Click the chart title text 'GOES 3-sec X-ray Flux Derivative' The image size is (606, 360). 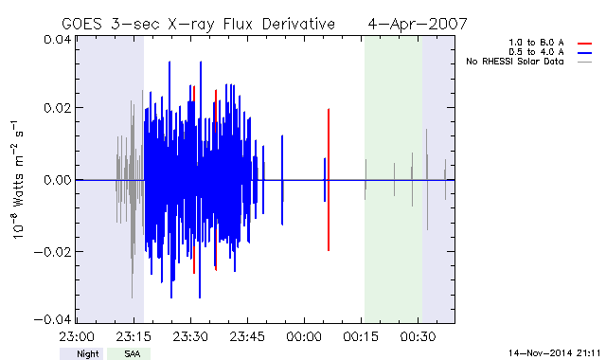click(x=198, y=25)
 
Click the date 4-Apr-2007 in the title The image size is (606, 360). click(x=418, y=24)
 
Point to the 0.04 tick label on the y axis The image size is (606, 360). click(x=57, y=40)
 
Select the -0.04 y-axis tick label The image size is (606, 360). click(x=53, y=319)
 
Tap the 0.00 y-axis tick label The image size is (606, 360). click(x=57, y=180)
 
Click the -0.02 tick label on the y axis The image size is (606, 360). click(x=53, y=252)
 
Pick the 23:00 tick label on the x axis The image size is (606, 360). click(x=77, y=337)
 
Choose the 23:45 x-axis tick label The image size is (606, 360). click(x=247, y=337)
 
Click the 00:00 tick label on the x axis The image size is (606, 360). click(x=304, y=337)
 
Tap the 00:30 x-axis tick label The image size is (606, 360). click(x=419, y=337)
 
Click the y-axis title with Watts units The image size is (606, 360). click(x=17, y=180)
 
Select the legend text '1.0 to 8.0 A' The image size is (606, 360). click(x=536, y=43)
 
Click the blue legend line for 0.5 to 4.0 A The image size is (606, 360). click(x=585, y=53)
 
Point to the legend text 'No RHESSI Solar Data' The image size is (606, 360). click(x=515, y=62)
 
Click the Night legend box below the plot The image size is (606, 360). click(x=81, y=353)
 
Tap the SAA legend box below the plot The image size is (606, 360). click(x=129, y=353)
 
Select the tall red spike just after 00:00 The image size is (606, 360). click(x=329, y=180)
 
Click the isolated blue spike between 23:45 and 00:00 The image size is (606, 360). click(x=282, y=180)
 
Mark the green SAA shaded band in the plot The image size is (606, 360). click(x=393, y=180)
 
